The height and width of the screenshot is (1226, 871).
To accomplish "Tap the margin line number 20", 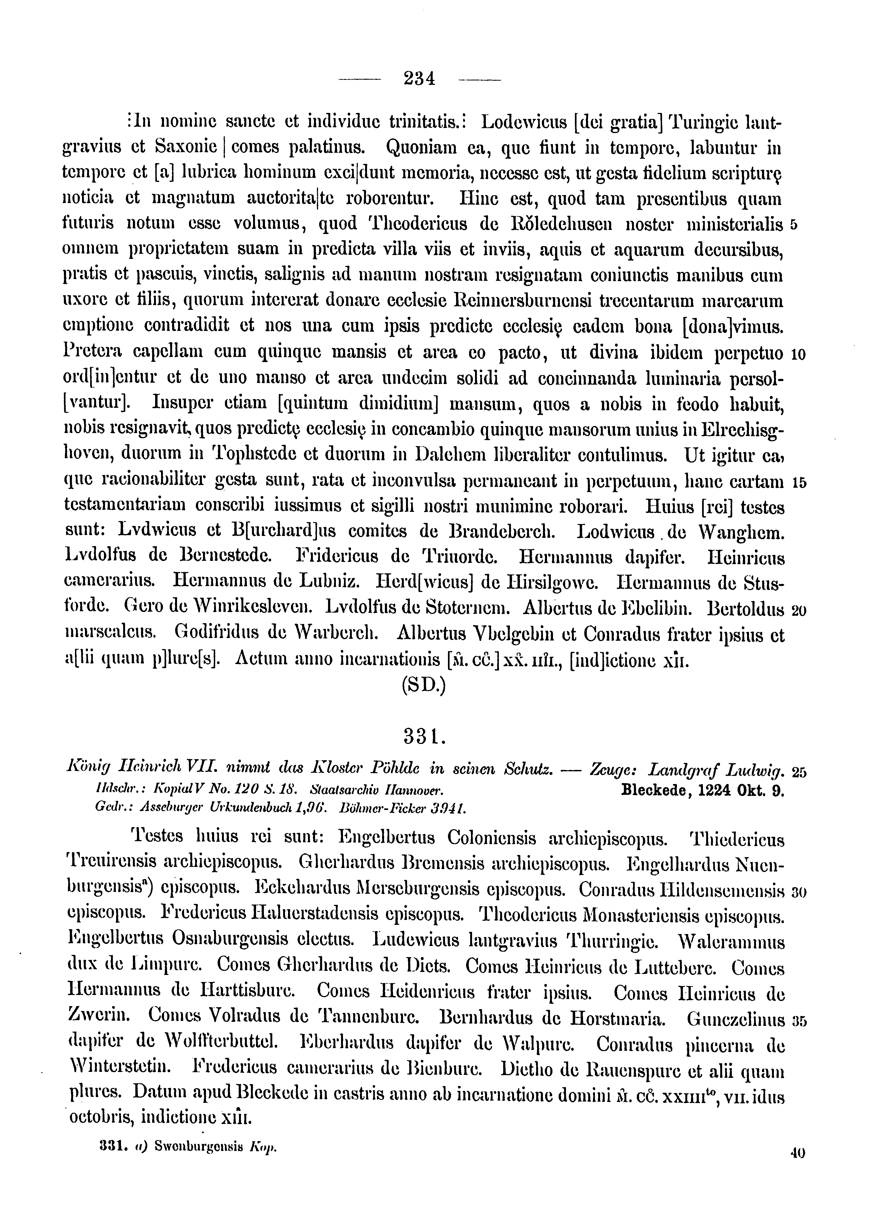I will pos(799,611).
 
